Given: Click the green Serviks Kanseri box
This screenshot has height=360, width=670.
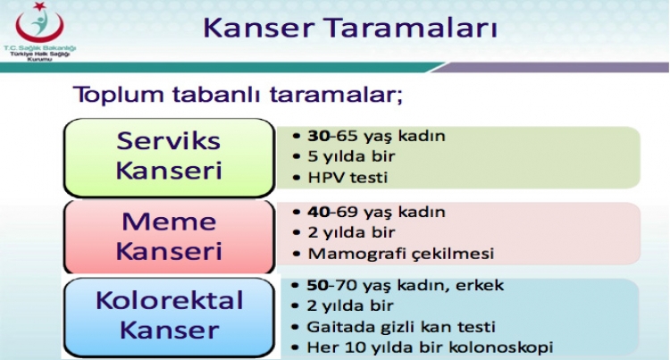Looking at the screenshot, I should [168, 155].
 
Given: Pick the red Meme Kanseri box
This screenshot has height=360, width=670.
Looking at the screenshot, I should [168, 236].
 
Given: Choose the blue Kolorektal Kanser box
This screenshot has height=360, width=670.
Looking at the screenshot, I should [169, 314].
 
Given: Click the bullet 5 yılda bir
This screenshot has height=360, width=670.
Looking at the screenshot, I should [351, 157].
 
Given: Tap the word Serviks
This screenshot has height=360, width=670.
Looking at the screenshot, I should [168, 141].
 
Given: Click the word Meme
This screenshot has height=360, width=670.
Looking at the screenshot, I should [168, 222].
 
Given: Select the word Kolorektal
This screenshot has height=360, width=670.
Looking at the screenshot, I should [169, 299].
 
